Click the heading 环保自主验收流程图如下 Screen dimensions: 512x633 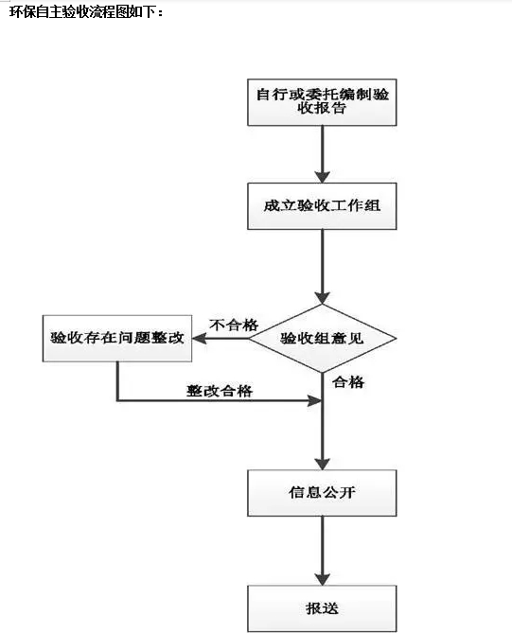tap(86, 12)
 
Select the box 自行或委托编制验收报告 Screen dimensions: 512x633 tap(322, 102)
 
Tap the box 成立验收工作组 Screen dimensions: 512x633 tap(322, 206)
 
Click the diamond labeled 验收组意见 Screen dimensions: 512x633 tap(322, 339)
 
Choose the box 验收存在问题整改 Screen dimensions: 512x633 tap(117, 339)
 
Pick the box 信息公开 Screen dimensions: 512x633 tap(322, 493)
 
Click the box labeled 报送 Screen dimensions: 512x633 tap(322, 608)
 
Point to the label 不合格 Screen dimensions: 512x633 tap(234, 325)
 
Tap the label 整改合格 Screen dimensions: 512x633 tap(220, 391)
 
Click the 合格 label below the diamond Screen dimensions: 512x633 tap(348, 382)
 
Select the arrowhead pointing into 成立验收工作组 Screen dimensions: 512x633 tap(322, 177)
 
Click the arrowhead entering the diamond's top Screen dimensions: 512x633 tap(322, 298)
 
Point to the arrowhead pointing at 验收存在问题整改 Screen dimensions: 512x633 tap(200, 339)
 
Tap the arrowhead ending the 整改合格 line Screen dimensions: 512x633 tap(314, 400)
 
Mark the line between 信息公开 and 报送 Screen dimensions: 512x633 tap(322, 551)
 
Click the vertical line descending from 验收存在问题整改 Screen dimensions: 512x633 tap(117, 381)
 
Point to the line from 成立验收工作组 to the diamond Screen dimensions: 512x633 tap(322, 267)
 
